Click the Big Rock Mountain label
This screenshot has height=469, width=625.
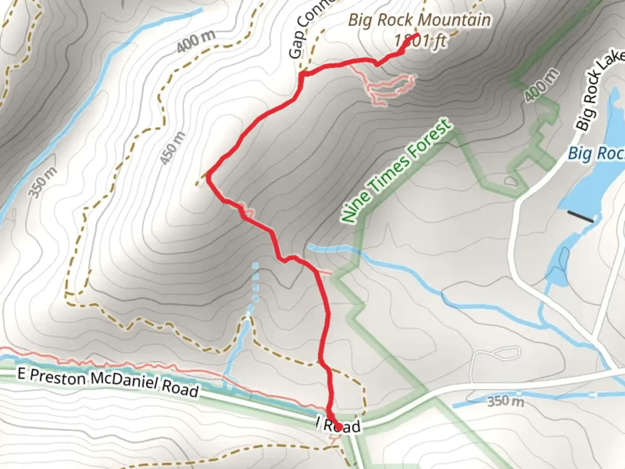pos(419,20)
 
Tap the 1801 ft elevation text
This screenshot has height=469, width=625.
pos(420,41)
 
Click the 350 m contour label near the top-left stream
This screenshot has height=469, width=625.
pos(43,182)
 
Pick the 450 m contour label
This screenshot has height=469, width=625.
pos(172,148)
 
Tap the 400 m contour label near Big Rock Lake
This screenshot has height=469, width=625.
pos(541,85)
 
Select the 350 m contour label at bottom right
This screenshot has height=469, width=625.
pos(505,400)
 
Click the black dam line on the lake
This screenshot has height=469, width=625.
pos(580,216)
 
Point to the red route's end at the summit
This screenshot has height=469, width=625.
pos(417,34)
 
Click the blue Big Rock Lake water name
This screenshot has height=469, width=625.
pos(597,153)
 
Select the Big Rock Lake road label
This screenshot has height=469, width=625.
pos(599,93)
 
